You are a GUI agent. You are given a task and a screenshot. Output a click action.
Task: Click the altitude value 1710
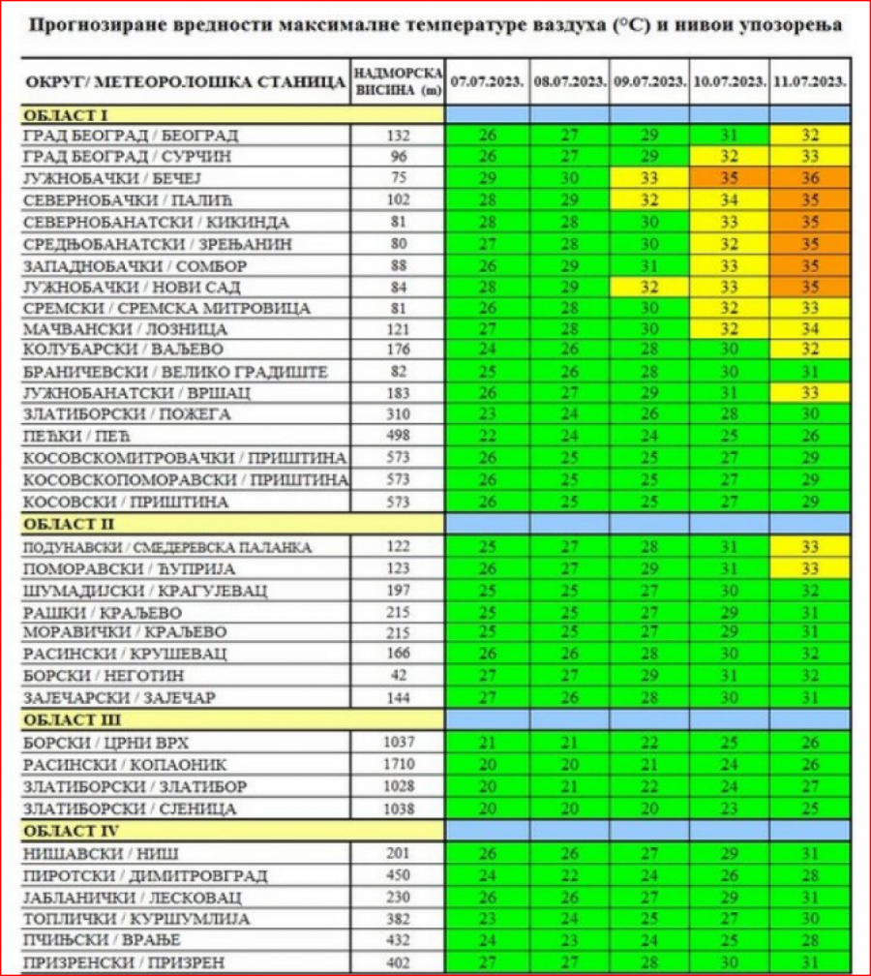pyautogui.click(x=398, y=764)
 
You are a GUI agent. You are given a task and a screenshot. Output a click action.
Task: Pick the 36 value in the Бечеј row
pyautogui.click(x=810, y=178)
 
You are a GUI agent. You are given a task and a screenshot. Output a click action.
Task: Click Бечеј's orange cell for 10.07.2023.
pyautogui.click(x=731, y=178)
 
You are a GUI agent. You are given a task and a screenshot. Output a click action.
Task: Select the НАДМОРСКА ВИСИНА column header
pyautogui.click(x=398, y=81)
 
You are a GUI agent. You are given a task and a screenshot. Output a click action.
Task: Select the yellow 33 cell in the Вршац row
pyautogui.click(x=810, y=393)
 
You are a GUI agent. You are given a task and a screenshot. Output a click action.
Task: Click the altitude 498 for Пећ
pyautogui.click(x=398, y=437)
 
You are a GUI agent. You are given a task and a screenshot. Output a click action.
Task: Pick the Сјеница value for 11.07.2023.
pyautogui.click(x=810, y=808)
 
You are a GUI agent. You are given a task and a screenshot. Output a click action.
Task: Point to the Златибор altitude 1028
pyautogui.click(x=398, y=786)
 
